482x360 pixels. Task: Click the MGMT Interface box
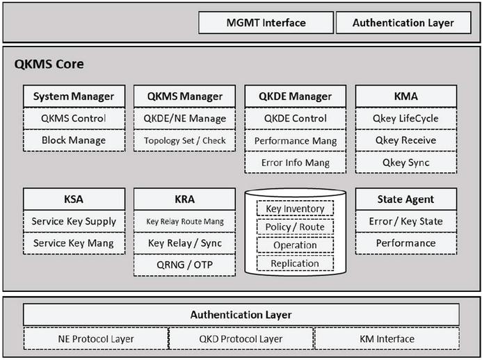point(266,23)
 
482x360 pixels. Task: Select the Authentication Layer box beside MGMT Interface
point(403,23)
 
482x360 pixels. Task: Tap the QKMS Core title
point(49,64)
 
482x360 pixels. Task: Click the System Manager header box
point(74,97)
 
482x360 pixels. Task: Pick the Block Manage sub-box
point(74,140)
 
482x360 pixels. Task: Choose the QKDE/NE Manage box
point(185,119)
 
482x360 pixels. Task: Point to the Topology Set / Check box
point(185,140)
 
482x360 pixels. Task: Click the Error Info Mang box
point(296,163)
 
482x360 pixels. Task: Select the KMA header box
point(406,97)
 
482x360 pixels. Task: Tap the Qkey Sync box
point(406,163)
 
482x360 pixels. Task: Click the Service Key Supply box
point(74,222)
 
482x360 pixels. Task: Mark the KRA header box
point(185,199)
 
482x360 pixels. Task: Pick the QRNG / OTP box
point(185,265)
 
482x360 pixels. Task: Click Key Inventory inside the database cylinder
point(295,208)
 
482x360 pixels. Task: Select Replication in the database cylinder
point(295,263)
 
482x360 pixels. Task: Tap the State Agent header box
point(406,199)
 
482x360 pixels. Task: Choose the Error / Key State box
point(406,222)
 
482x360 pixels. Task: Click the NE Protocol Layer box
point(96,339)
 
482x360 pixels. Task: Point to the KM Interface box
point(387,339)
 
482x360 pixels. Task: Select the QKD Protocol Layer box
point(241,339)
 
